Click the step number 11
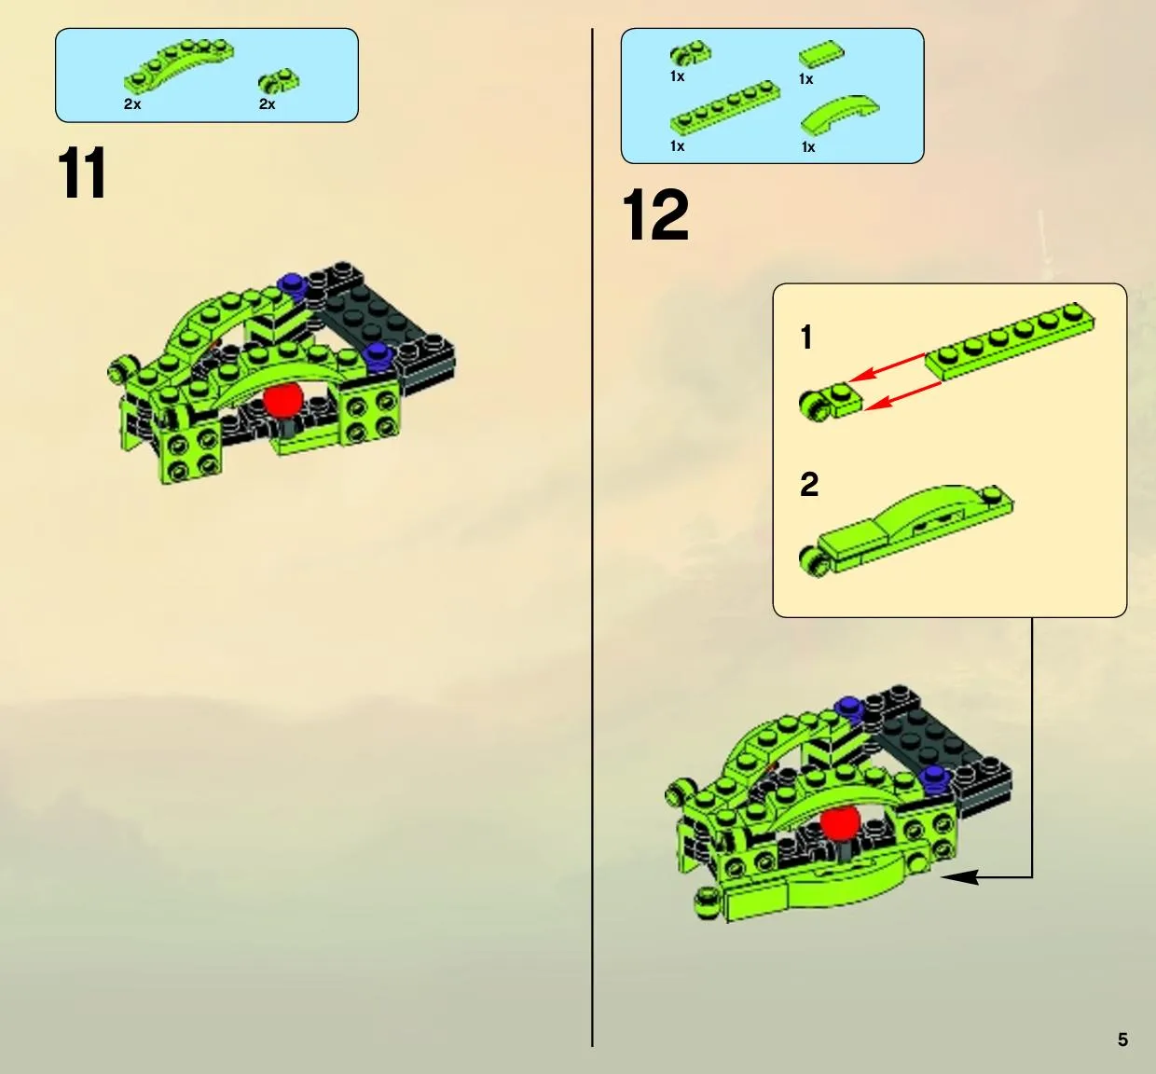82,172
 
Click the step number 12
656,214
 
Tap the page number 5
1122,1040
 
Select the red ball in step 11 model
282,400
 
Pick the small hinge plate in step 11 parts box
279,81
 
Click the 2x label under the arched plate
132,104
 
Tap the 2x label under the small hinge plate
268,104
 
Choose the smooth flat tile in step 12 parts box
821,54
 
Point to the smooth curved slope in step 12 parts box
841,116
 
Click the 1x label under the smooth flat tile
805,79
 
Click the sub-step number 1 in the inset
806,337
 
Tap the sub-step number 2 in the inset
809,484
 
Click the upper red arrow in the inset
887,367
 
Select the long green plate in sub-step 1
1010,341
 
